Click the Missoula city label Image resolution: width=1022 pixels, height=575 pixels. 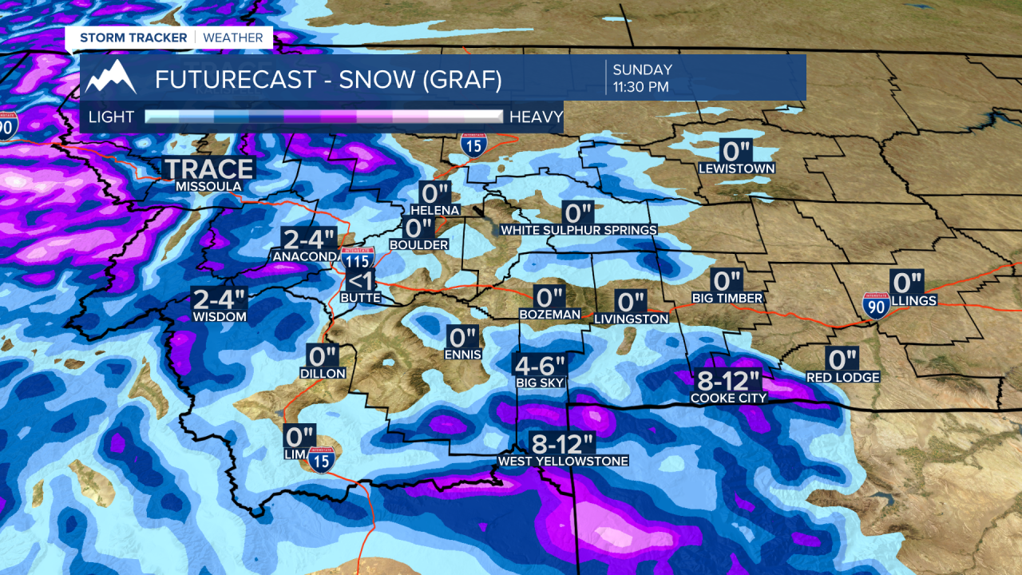(208, 186)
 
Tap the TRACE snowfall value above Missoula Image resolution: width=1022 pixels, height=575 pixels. (208, 169)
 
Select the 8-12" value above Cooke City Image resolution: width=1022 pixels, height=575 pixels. (728, 380)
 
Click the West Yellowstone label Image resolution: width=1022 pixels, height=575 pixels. (562, 461)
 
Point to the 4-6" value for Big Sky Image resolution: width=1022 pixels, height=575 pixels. (539, 365)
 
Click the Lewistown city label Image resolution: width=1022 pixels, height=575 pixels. (736, 169)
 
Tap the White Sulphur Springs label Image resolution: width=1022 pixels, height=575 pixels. (579, 230)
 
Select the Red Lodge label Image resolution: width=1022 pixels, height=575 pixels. (842, 377)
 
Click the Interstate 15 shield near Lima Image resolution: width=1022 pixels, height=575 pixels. (321, 459)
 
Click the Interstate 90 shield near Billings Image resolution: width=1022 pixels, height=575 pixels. (877, 305)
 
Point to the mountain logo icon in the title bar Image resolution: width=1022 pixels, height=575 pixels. (111, 77)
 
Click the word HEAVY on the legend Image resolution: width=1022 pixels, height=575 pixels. (536, 117)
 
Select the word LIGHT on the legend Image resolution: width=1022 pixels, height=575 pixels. (111, 117)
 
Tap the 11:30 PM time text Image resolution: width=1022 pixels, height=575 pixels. (640, 86)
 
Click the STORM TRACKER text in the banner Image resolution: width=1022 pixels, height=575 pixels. (133, 38)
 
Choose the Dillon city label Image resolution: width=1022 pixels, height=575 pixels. (323, 373)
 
